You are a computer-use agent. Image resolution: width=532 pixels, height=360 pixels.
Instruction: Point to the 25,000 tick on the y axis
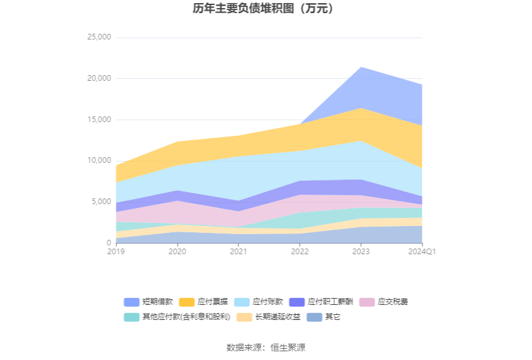tap(98, 37)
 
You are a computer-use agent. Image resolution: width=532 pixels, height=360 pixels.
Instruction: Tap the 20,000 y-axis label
tap(98, 78)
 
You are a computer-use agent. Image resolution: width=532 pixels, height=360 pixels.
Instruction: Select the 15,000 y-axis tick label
tap(98, 120)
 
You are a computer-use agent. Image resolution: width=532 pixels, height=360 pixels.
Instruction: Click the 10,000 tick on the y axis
tap(98, 160)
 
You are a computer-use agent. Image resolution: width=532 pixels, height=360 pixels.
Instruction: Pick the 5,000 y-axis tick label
tap(100, 202)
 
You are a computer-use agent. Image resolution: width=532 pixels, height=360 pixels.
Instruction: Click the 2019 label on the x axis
tap(116, 251)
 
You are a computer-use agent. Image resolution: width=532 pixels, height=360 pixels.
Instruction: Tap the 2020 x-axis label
tap(177, 251)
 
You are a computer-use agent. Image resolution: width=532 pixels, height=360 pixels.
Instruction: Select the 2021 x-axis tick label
tap(238, 251)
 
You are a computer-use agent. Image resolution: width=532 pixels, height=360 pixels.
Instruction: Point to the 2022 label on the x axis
tap(300, 251)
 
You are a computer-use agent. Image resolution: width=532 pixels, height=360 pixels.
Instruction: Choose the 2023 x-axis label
tap(361, 251)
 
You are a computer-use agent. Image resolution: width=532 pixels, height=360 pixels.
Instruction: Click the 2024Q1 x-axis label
tap(422, 251)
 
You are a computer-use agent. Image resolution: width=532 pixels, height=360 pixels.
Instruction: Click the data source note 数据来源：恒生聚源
tap(265, 347)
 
